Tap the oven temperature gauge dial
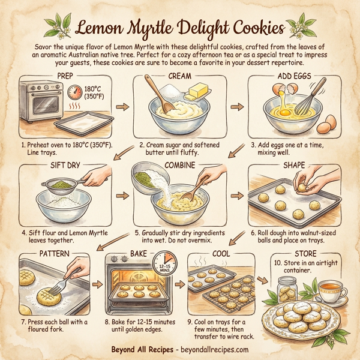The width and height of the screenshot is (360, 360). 76,93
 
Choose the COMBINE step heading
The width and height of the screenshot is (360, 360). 181,164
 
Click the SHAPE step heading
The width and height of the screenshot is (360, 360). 293,164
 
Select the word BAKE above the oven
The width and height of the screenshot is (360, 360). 139,254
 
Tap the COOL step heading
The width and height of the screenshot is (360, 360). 221,254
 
